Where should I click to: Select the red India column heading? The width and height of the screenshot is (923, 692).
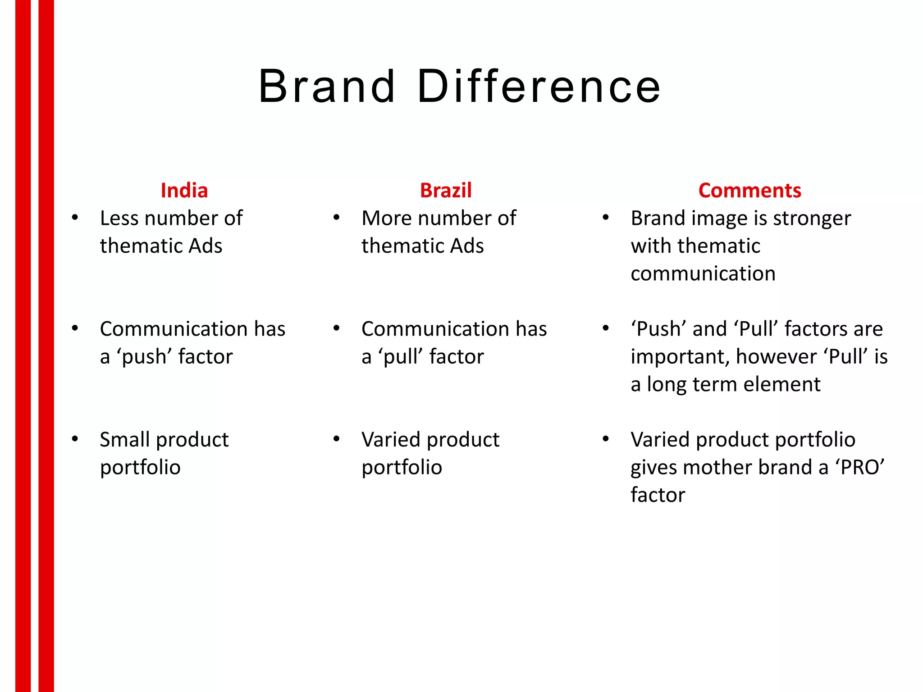click(184, 191)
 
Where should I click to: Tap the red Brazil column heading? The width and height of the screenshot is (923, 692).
click(446, 191)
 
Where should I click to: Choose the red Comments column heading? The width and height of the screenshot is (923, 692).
click(749, 191)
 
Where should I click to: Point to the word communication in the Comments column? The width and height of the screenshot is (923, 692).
click(703, 274)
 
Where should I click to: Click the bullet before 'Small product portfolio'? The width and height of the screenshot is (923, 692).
click(75, 439)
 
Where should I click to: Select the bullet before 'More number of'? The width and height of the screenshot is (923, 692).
click(336, 218)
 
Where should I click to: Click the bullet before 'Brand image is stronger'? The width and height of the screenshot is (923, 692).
click(606, 218)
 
